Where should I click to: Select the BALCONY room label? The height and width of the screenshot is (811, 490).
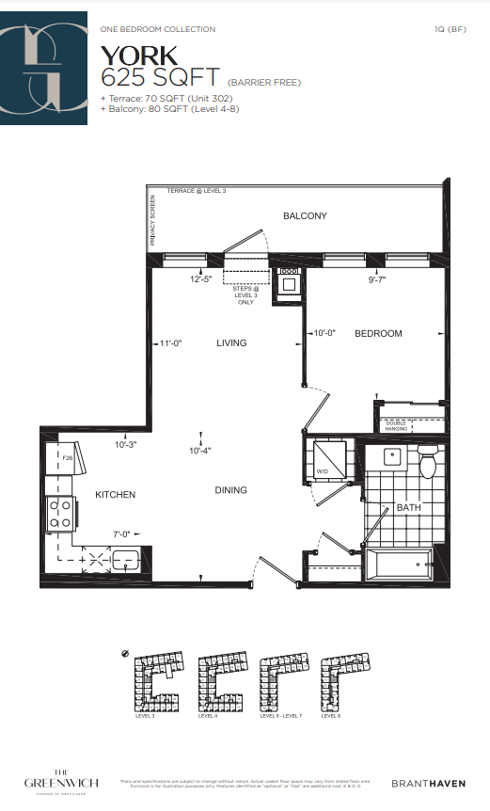click(x=305, y=216)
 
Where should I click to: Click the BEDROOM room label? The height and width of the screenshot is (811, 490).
click(x=378, y=334)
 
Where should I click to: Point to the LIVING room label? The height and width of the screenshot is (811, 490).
click(x=230, y=343)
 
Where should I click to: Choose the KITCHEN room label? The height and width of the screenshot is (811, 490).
click(x=115, y=495)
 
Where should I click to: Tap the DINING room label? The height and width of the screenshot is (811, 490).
click(x=230, y=490)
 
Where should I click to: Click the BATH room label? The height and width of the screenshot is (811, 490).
click(x=408, y=508)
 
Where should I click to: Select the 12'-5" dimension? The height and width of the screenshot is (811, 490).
click(x=201, y=279)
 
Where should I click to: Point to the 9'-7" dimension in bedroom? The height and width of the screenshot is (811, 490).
click(x=378, y=279)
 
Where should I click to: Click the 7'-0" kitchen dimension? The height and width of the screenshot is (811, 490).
click(x=123, y=534)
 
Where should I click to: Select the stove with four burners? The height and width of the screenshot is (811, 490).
click(x=61, y=513)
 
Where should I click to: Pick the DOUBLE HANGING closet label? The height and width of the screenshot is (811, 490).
click(x=396, y=426)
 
